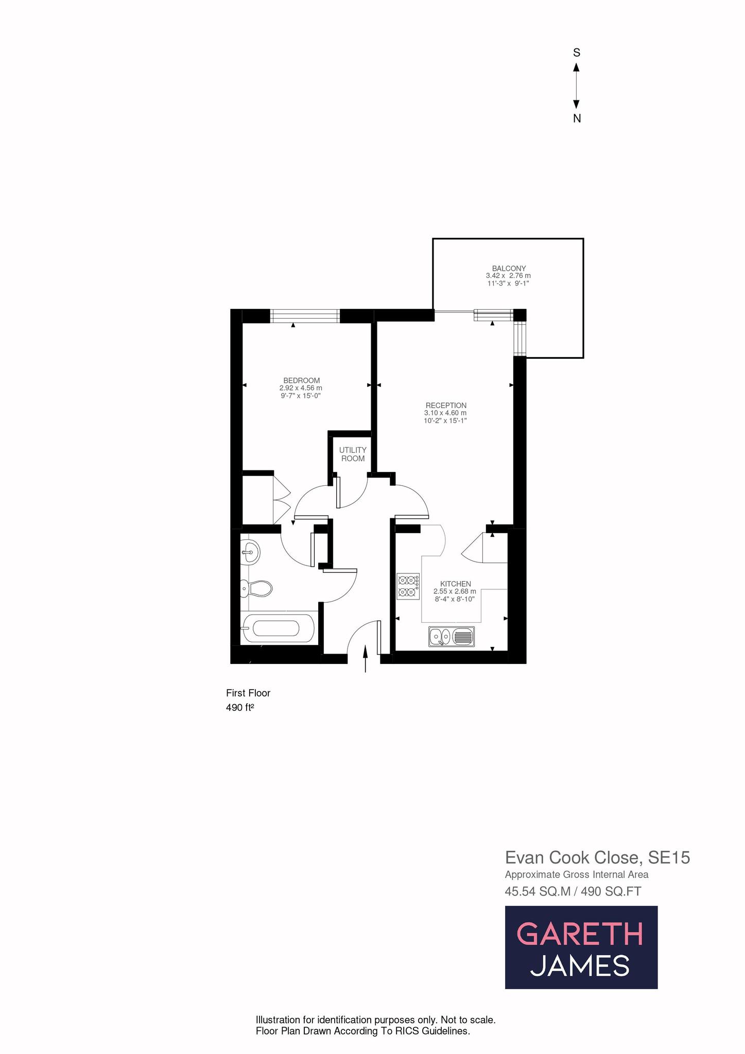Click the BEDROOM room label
pyautogui.click(x=301, y=380)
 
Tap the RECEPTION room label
pyautogui.click(x=445, y=406)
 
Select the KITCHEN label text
pyautogui.click(x=455, y=584)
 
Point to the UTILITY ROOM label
pyautogui.click(x=353, y=454)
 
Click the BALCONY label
pyautogui.click(x=509, y=268)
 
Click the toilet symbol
pyautogui.click(x=257, y=588)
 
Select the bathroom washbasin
pyautogui.click(x=251, y=553)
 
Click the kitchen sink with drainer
pyautogui.click(x=451, y=637)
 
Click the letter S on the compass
pyautogui.click(x=577, y=52)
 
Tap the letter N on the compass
pyautogui.click(x=577, y=119)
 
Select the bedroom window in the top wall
pyautogui.click(x=305, y=315)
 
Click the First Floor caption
pyautogui.click(x=248, y=693)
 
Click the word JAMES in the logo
pyautogui.click(x=580, y=965)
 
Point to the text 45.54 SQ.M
pyautogui.click(x=538, y=891)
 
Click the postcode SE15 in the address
pyautogui.click(x=669, y=857)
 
